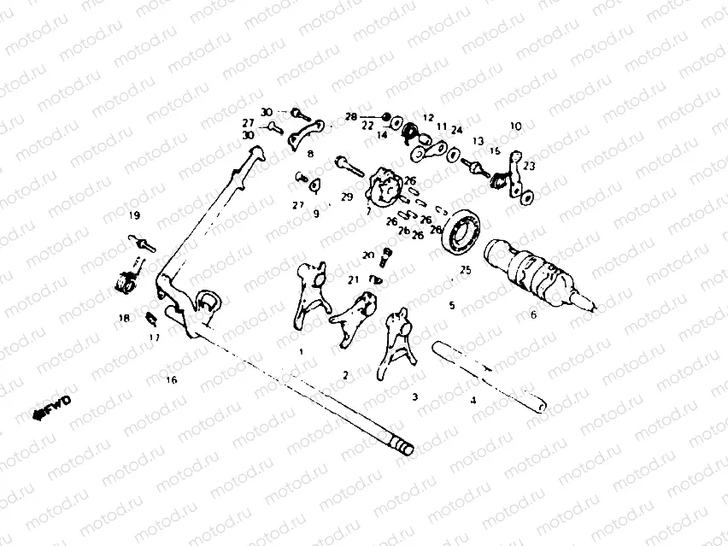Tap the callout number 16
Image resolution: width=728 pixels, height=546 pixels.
pyautogui.click(x=172, y=380)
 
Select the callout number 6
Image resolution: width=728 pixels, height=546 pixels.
pyautogui.click(x=534, y=314)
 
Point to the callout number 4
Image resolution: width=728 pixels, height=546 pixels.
pyautogui.click(x=473, y=399)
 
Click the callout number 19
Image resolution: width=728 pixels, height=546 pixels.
pyautogui.click(x=134, y=214)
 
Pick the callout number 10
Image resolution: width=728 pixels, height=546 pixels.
pyautogui.click(x=515, y=126)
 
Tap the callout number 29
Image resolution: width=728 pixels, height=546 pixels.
pyautogui.click(x=346, y=197)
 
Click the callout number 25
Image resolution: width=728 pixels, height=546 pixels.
pyautogui.click(x=465, y=270)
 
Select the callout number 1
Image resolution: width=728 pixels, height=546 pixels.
pyautogui.click(x=301, y=351)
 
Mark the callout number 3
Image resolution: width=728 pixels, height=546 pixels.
pyautogui.click(x=414, y=396)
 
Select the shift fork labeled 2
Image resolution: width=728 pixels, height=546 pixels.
pyautogui.click(x=353, y=316)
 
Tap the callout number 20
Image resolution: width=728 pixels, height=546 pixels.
pyautogui.click(x=368, y=255)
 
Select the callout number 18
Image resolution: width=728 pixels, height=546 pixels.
pyautogui.click(x=125, y=318)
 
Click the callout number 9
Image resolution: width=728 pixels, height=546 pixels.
pyautogui.click(x=315, y=214)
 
